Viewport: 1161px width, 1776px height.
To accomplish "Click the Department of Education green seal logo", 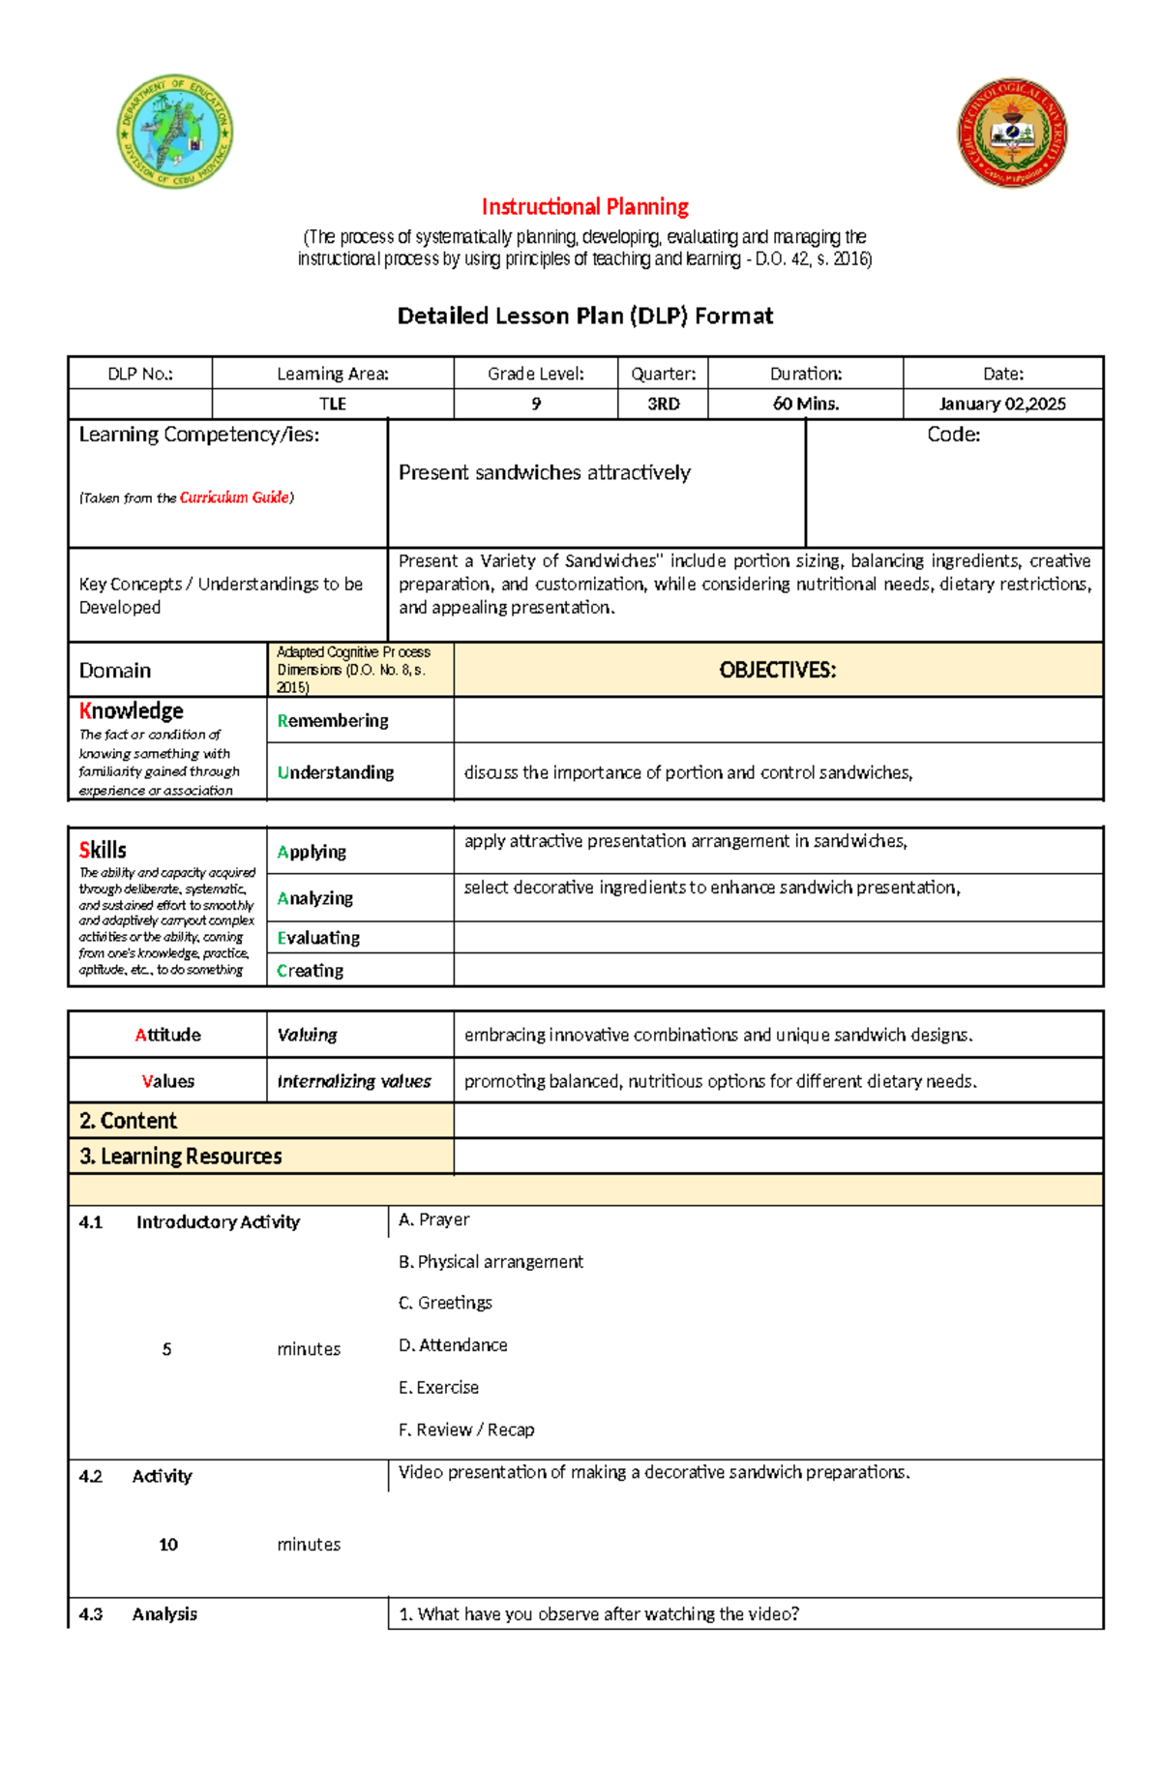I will pos(174,132).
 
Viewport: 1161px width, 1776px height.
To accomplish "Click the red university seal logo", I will pos(1011,133).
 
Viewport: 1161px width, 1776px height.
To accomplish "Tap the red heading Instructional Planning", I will pos(584,207).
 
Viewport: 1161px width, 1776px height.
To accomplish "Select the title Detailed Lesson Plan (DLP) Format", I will pos(584,316).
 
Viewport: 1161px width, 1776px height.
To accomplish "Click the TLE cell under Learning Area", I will pos(332,404).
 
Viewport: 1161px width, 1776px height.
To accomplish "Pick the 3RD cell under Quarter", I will pos(663,404).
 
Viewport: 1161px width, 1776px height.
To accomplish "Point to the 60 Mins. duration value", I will pos(805,404).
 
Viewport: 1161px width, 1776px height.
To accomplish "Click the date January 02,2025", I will pos(1002,404).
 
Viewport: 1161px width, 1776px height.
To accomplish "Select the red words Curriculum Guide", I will pos(234,497).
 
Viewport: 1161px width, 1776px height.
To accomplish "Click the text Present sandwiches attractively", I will pos(544,472).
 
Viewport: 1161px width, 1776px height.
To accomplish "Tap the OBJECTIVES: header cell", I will pos(777,670).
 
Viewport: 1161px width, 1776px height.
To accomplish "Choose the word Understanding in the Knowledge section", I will pos(336,772).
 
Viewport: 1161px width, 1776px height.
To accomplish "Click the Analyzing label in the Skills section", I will pos(314,898).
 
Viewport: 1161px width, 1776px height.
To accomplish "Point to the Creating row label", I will pos(310,970).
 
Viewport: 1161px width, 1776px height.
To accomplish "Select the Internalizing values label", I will pos(353,1081).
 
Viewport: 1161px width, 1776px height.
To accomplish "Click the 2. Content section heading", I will pos(128,1121).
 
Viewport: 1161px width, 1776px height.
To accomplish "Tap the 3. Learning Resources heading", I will pos(181,1157).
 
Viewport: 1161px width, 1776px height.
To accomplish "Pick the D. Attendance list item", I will pos(453,1345).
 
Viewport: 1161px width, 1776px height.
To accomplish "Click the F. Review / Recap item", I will pos(466,1430).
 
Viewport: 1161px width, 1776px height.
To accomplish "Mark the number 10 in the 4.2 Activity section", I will pos(168,1545).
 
